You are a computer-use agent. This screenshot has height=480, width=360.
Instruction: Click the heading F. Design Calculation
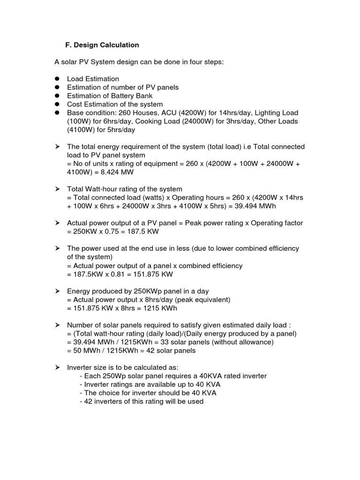pyautogui.click(x=102, y=45)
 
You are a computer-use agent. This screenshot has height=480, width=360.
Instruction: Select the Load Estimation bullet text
pyautogui.click(x=93, y=79)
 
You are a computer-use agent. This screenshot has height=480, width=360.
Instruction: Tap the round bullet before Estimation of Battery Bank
pyautogui.click(x=57, y=96)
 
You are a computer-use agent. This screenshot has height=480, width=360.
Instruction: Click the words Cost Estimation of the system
pyautogui.click(x=115, y=104)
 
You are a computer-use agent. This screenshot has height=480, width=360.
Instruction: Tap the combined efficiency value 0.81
pyautogui.click(x=119, y=274)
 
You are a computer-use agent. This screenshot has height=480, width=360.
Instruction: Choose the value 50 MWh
pyautogui.click(x=87, y=351)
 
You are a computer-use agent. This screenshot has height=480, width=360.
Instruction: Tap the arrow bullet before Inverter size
pyautogui.click(x=57, y=367)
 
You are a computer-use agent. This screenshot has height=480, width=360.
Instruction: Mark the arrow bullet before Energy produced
pyautogui.click(x=57, y=291)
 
